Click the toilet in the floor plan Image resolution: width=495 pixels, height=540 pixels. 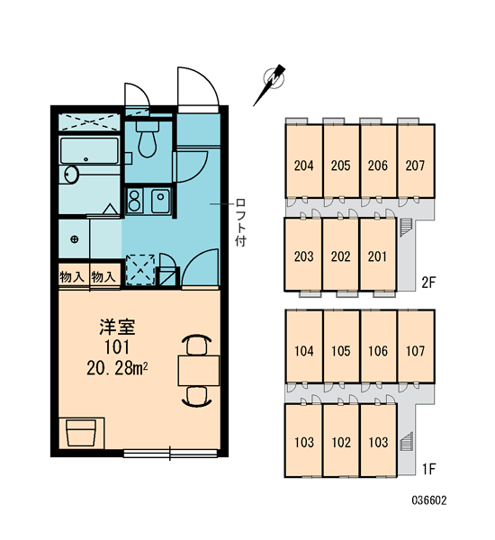[x=147, y=138]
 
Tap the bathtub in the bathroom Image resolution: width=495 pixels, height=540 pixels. [x=89, y=151]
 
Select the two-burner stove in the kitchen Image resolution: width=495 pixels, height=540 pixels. [x=134, y=201]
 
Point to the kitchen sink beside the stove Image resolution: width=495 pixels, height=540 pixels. [x=160, y=201]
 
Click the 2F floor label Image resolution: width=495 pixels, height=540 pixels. [x=429, y=283]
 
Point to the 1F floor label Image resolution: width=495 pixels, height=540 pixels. [x=429, y=469]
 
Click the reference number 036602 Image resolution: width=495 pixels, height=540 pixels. [x=429, y=500]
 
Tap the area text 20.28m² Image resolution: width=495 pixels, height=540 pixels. [x=118, y=368]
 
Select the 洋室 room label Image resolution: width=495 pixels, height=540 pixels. [x=117, y=328]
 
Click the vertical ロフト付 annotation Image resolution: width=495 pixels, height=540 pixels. [x=241, y=222]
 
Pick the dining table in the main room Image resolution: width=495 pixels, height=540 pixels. [x=199, y=371]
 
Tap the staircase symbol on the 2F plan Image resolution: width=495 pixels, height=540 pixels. [x=406, y=228]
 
